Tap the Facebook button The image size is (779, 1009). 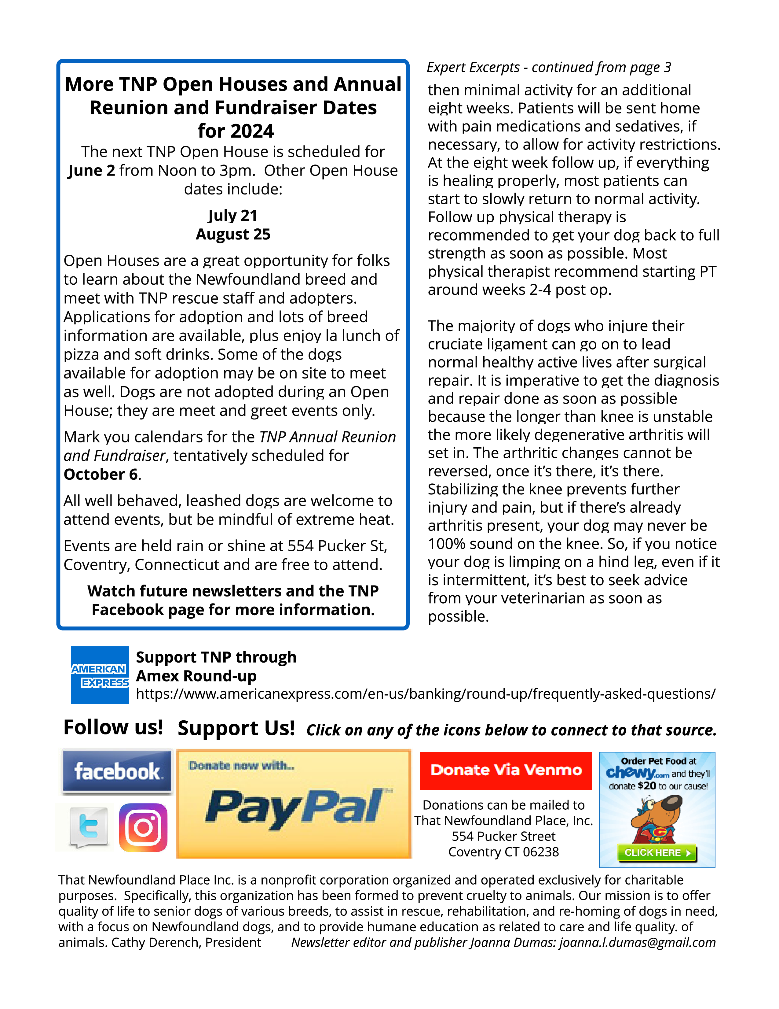[117, 771]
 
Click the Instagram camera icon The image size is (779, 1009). [143, 827]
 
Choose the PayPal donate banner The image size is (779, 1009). [294, 804]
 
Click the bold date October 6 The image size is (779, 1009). [101, 475]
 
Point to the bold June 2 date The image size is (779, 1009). [91, 171]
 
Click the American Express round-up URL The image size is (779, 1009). [426, 694]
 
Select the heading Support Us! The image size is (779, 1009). [236, 728]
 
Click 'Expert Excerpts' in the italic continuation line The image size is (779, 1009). [473, 68]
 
